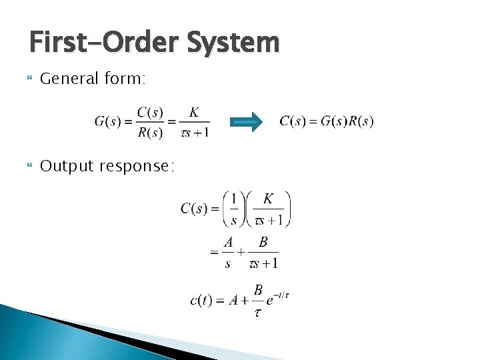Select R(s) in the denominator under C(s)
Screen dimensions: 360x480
150,132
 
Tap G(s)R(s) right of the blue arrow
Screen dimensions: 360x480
347,121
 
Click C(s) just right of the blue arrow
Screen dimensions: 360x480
294,121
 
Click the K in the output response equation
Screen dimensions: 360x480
267,199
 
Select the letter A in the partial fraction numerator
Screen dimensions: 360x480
228,243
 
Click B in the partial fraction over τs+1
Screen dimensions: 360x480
263,243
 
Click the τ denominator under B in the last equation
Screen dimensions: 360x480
257,312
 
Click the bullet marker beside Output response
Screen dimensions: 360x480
28,167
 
